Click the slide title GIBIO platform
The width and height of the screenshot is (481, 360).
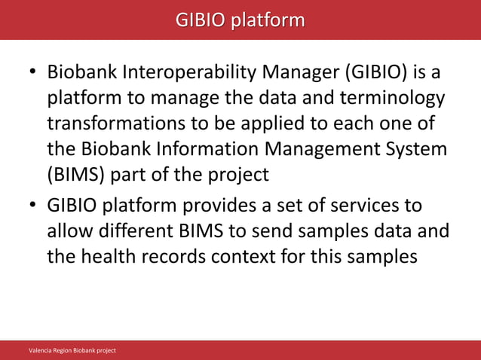[240, 19]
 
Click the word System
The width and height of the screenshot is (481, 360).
[419, 149]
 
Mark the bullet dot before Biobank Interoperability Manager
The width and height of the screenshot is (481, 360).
[33, 75]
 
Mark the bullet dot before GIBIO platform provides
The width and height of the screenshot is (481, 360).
[33, 206]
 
